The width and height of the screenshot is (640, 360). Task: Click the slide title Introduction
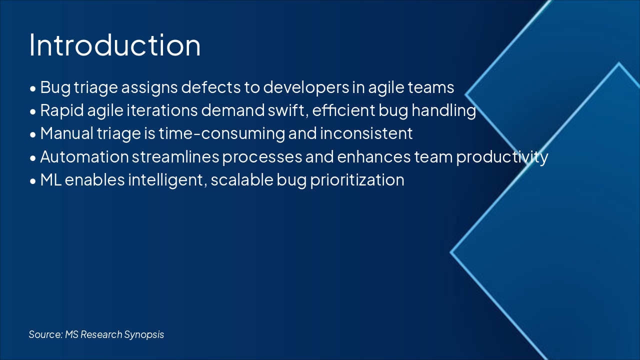tap(115, 45)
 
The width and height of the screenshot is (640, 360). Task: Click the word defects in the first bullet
tap(211, 87)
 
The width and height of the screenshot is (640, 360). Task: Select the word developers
tap(306, 88)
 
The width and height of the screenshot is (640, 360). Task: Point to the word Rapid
tap(62, 111)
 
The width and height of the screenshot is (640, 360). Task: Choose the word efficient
tap(343, 110)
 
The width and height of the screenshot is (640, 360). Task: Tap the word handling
tap(443, 111)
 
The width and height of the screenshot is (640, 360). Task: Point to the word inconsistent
tap(366, 133)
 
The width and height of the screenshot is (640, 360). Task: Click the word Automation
tap(84, 157)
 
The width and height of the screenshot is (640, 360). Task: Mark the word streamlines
tap(175, 157)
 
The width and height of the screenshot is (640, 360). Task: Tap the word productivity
tap(502, 157)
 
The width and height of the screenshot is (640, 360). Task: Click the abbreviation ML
tap(51, 180)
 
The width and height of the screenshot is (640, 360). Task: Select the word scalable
tap(242, 180)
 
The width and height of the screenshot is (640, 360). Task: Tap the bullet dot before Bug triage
tap(33, 89)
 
